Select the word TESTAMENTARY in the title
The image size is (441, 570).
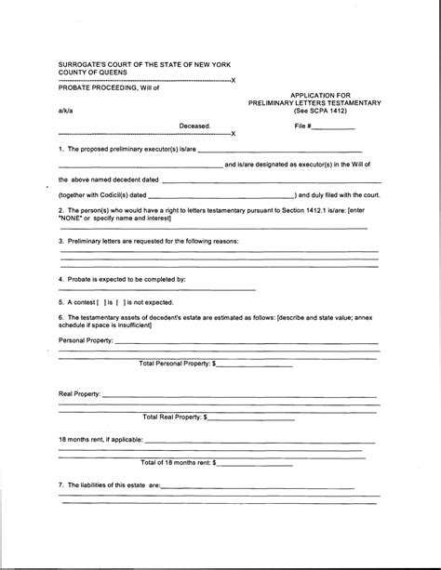point(349,101)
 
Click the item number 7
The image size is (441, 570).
point(60,485)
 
